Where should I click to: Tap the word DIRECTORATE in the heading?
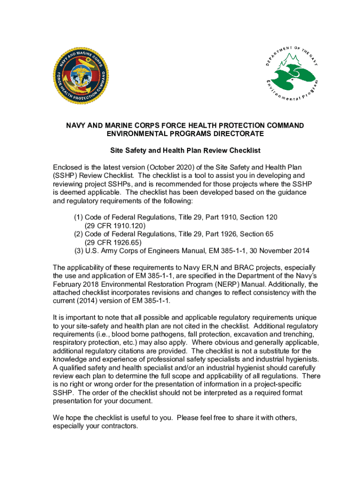tap(236, 134)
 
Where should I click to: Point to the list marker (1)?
tap(79, 217)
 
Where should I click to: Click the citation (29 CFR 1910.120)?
tap(113, 225)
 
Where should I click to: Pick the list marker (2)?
tap(79, 233)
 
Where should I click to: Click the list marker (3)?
tap(79, 250)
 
